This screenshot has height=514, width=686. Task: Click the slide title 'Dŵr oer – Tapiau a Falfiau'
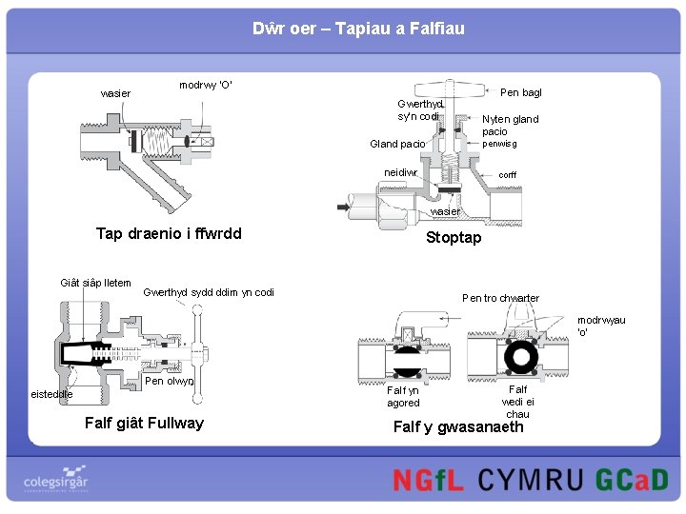[358, 29]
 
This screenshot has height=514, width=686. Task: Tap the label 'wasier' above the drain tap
[115, 93]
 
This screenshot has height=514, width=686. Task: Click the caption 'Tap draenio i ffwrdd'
[169, 233]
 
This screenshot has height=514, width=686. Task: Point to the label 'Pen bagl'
[520, 92]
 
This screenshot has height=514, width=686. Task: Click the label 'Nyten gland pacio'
[510, 125]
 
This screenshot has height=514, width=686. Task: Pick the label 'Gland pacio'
[397, 144]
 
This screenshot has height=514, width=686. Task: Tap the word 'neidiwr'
[401, 173]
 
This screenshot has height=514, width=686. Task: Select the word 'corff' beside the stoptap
[508, 175]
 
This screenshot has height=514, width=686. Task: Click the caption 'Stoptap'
[454, 237]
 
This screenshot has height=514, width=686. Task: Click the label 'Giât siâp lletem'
[95, 283]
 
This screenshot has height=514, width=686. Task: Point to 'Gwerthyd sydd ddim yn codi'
[208, 292]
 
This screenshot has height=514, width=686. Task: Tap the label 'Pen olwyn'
[170, 382]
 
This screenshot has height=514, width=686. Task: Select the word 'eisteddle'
[51, 393]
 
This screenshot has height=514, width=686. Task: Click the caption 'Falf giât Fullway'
[144, 423]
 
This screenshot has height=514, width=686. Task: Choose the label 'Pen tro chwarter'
[500, 298]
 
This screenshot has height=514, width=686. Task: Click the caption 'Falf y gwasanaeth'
[458, 426]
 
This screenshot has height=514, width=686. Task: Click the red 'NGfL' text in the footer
[428, 479]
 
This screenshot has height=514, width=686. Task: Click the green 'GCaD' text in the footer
[632, 479]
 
